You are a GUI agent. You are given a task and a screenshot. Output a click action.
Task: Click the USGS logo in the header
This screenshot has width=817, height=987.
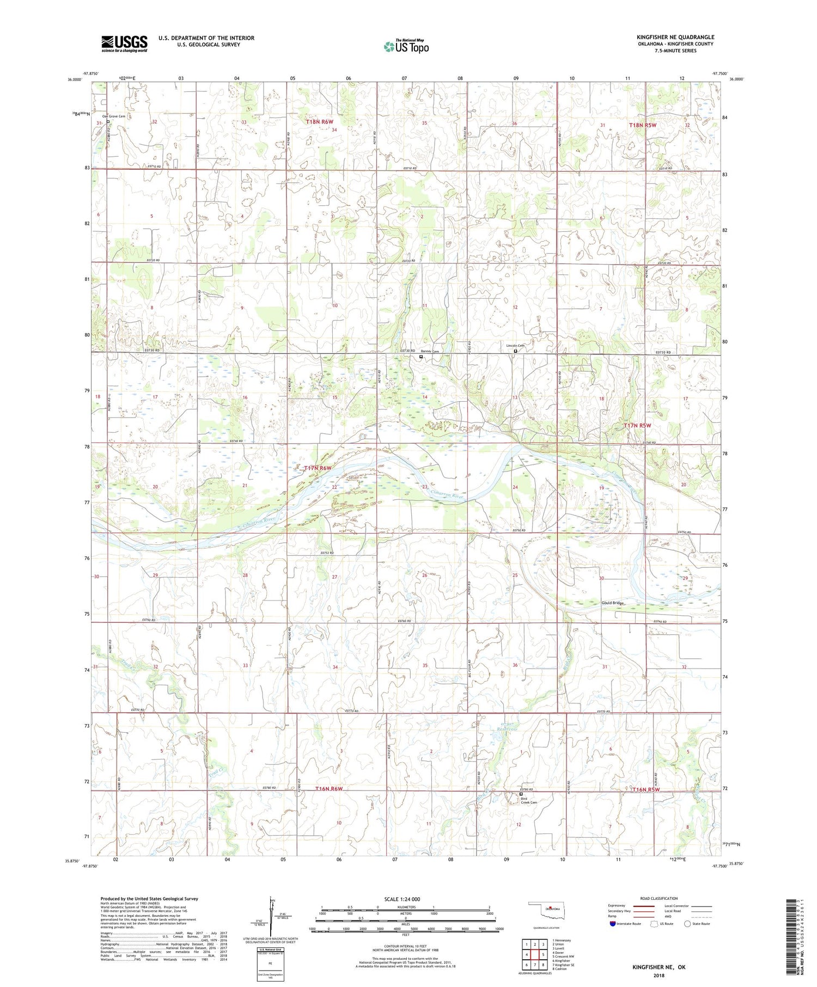(x=124, y=44)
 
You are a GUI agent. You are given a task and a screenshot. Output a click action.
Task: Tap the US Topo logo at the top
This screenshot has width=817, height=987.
(x=406, y=47)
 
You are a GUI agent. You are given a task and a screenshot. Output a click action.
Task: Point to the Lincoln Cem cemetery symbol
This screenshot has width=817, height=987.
(x=516, y=351)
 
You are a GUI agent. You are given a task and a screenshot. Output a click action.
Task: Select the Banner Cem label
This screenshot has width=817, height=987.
(x=430, y=352)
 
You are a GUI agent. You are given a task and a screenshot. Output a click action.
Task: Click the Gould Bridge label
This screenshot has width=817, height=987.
(x=612, y=603)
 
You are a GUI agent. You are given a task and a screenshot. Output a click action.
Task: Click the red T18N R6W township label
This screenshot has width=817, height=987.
(x=320, y=122)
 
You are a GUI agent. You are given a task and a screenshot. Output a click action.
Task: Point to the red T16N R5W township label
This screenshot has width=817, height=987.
(x=646, y=789)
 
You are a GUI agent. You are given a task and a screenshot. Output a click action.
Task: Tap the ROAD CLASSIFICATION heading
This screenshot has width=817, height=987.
(x=659, y=898)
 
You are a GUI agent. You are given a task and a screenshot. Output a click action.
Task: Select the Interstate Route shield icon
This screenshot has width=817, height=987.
(x=613, y=924)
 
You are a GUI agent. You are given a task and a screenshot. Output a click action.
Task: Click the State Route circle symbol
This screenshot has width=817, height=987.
(x=687, y=924)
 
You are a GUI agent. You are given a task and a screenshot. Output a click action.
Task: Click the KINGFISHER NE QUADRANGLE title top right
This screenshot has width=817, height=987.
(x=675, y=37)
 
